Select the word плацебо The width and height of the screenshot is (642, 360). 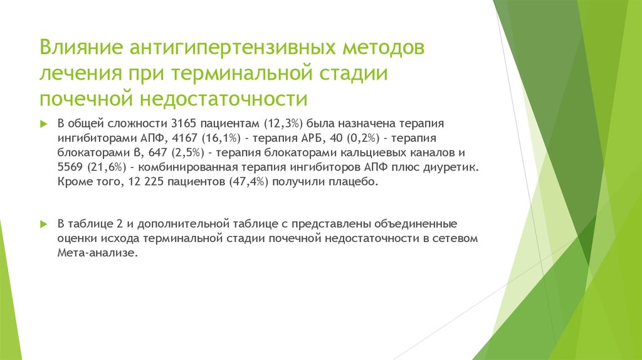point(357,182)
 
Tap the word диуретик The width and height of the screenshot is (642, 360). point(456,167)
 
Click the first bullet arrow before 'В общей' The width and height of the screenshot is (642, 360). point(43,122)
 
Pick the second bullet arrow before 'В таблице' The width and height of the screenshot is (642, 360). point(43,224)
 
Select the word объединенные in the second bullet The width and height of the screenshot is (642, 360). point(419,224)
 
